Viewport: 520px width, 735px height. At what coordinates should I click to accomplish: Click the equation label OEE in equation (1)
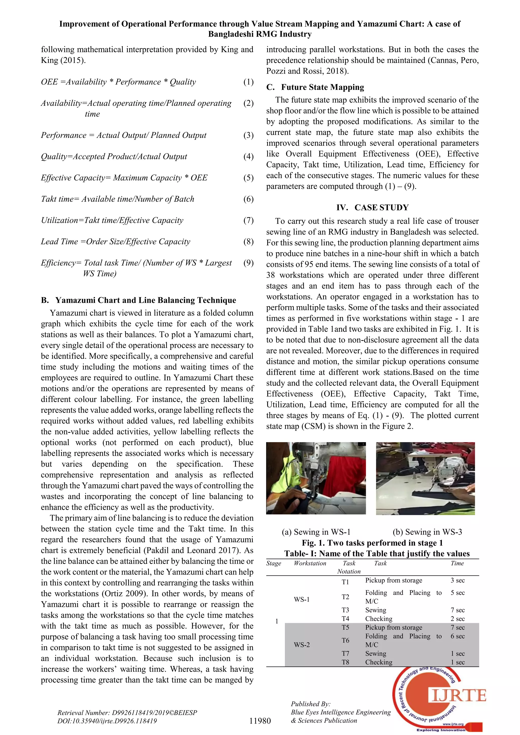49,82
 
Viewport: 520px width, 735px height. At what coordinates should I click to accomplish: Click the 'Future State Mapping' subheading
322,87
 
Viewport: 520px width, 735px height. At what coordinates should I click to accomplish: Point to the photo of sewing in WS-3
425,478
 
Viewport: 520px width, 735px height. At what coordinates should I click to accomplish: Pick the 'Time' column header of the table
457,563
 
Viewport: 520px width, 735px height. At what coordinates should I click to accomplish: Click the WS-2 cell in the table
302,645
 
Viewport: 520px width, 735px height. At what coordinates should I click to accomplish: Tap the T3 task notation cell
345,610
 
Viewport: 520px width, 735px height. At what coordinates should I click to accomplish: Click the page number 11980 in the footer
260,721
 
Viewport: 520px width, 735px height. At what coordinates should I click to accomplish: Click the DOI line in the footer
107,721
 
